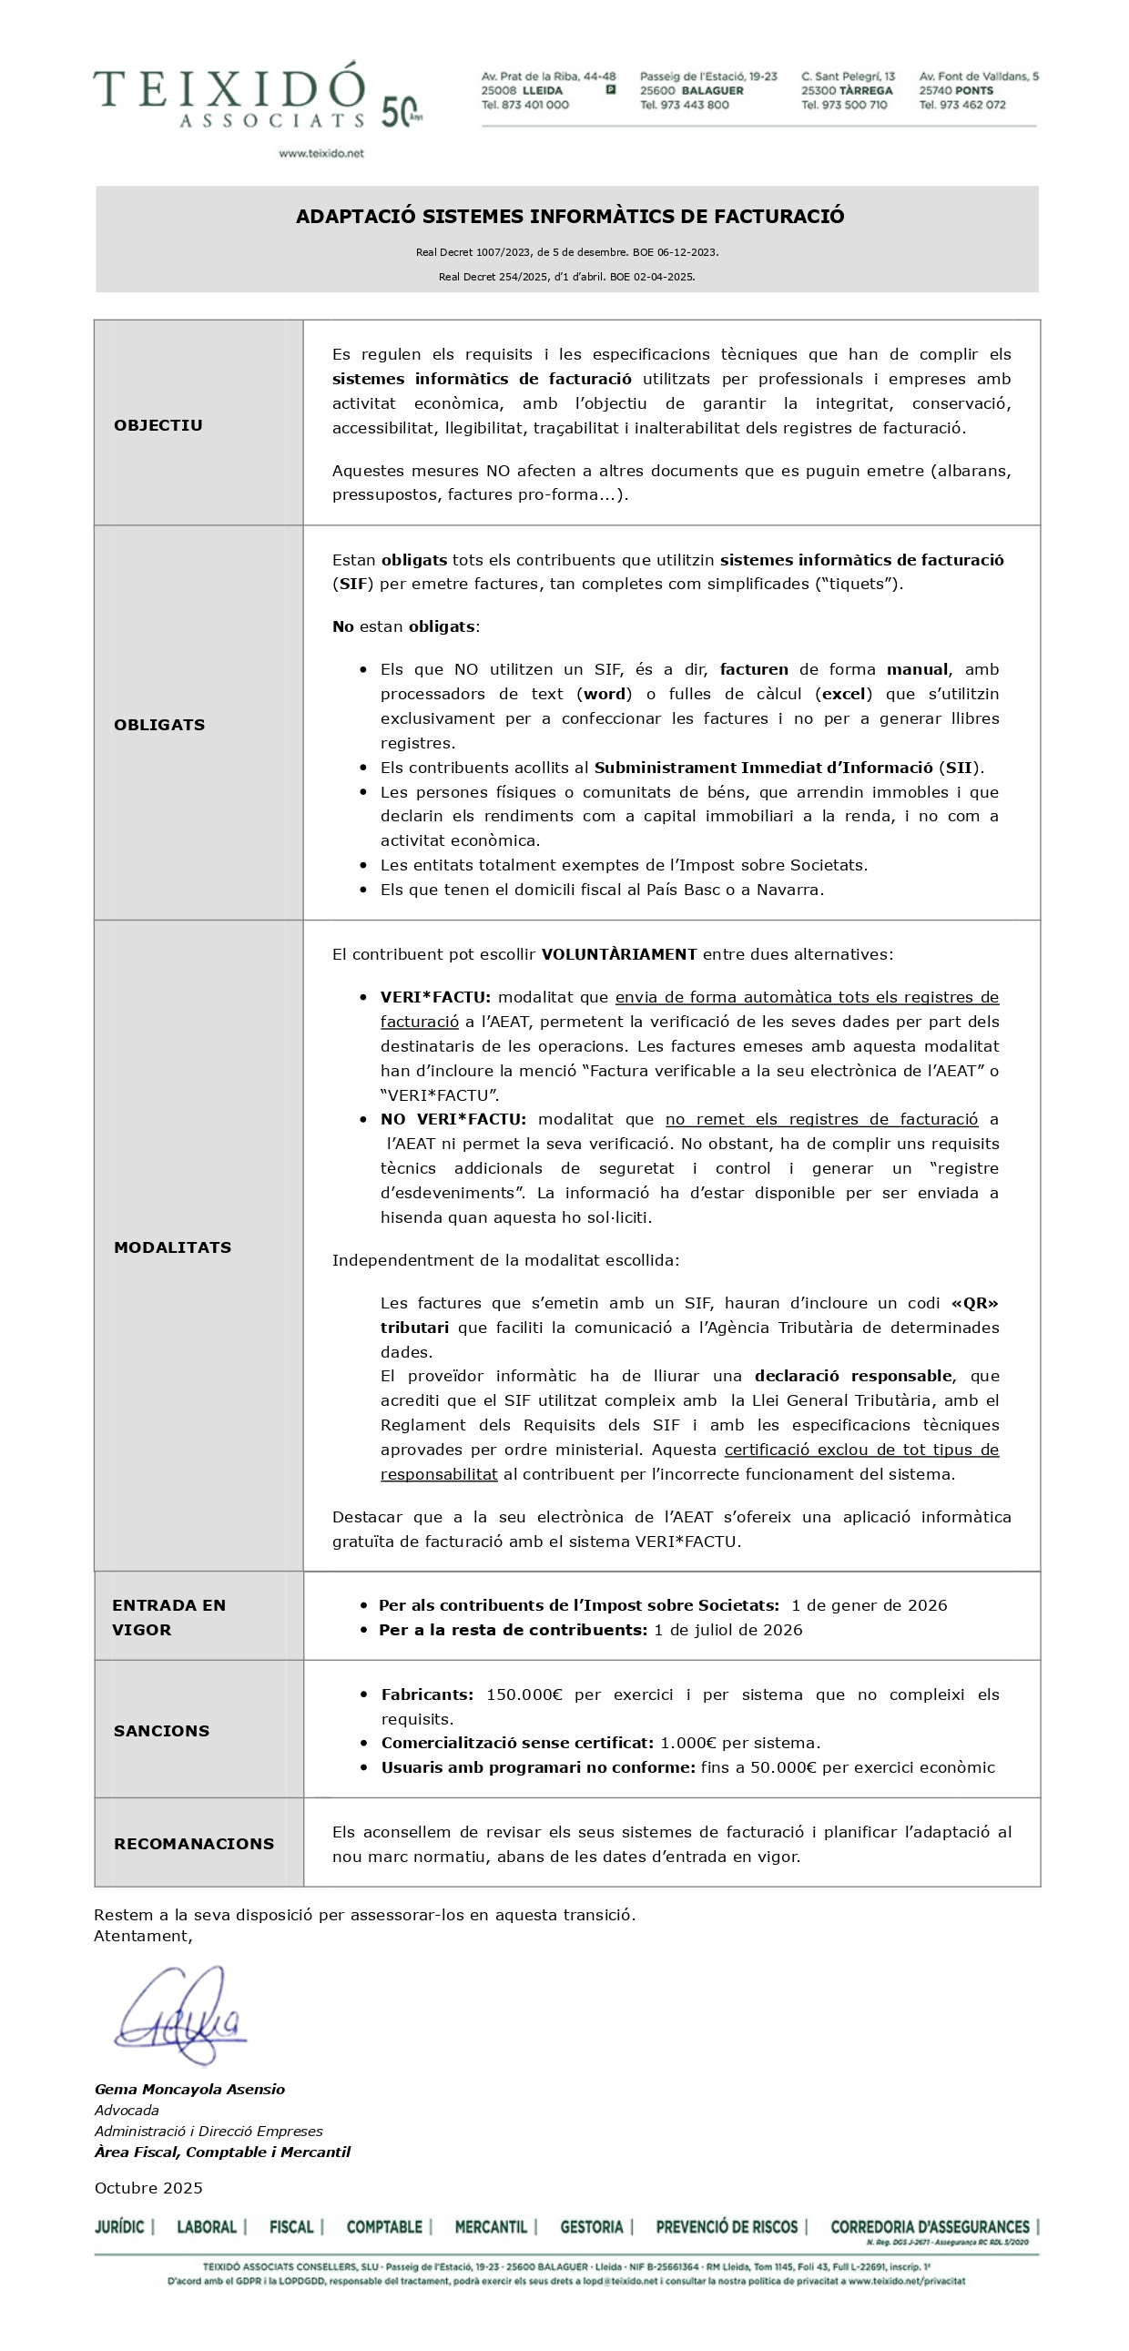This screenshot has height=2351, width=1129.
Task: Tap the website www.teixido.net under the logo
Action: point(320,153)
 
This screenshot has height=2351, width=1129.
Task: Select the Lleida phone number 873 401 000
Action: point(524,105)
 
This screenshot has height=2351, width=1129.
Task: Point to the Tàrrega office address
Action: point(847,84)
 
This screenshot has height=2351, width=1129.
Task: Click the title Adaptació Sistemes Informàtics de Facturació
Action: point(570,217)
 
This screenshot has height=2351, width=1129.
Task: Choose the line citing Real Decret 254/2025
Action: point(566,277)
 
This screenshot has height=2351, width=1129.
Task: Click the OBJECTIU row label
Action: point(158,425)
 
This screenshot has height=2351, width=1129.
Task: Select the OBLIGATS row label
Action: point(158,725)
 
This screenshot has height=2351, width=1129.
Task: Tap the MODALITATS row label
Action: point(171,1247)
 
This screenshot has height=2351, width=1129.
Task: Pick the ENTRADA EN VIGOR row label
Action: point(168,1617)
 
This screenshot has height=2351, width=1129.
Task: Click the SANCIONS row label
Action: point(160,1730)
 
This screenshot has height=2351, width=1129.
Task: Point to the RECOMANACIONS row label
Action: point(194,1844)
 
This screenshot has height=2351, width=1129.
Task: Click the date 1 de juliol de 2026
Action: point(727,1630)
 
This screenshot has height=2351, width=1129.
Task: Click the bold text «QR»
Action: point(974,1303)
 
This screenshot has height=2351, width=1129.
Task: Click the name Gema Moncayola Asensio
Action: point(190,2089)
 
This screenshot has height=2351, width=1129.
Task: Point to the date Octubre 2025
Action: point(148,2188)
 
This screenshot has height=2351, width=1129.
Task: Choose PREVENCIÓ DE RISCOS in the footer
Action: point(727,2227)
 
